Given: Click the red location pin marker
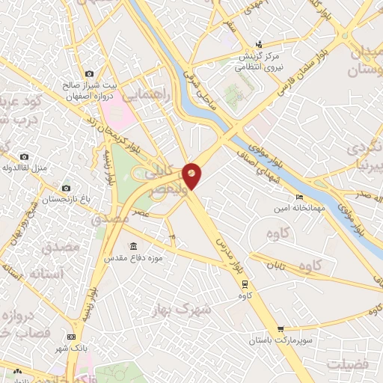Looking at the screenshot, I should (191, 175).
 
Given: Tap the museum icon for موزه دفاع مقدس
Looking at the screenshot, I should (133, 246).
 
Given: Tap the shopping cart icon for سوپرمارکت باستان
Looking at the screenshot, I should (281, 328).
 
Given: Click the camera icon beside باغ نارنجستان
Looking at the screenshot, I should (66, 188).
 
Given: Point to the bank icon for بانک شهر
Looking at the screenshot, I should (71, 337).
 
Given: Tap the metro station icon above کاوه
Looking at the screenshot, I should (244, 283).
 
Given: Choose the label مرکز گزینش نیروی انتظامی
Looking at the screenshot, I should (259, 61).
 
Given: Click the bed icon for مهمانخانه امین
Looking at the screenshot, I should (299, 197).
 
